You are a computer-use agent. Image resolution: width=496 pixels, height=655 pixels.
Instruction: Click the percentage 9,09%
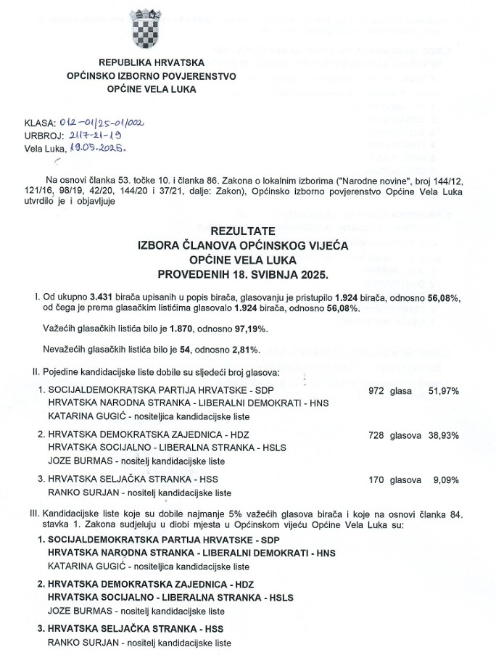tap(445, 479)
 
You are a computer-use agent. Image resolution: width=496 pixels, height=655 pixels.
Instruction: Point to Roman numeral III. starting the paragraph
tap(28, 514)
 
